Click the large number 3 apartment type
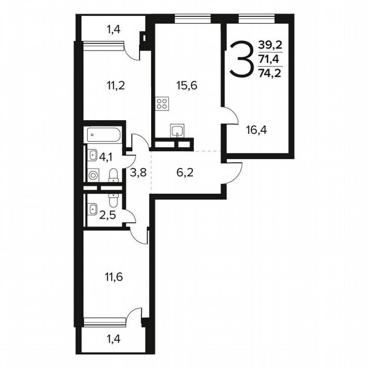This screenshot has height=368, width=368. [241, 59]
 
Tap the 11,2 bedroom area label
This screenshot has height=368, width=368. [115, 86]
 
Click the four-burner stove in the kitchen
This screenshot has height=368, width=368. [162, 103]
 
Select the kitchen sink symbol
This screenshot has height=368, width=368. [177, 130]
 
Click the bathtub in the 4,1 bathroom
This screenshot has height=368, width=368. [104, 136]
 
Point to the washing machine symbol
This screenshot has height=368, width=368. [93, 175]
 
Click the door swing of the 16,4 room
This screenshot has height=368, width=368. [230, 117]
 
